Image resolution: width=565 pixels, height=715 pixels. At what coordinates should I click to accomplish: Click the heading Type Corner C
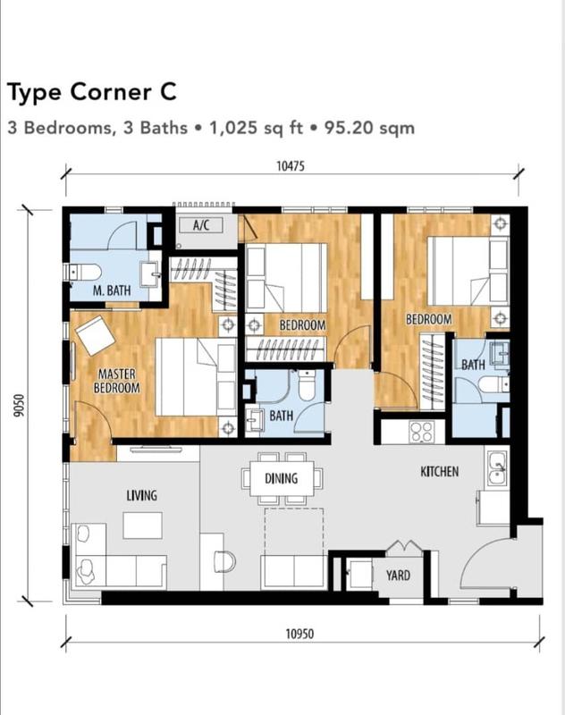pyautogui.click(x=92, y=91)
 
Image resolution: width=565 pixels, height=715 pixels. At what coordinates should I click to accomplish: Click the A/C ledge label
pyautogui.click(x=201, y=225)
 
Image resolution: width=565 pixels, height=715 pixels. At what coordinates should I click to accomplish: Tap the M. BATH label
pyautogui.click(x=112, y=290)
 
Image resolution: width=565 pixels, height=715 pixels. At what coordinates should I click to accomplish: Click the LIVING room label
pyautogui.click(x=141, y=495)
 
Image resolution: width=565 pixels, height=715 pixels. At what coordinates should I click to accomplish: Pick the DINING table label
pyautogui.click(x=281, y=479)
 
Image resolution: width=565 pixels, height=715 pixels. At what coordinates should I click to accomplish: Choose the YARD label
pyautogui.click(x=398, y=575)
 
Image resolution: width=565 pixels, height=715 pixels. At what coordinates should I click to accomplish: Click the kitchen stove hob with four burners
pyautogui.click(x=421, y=432)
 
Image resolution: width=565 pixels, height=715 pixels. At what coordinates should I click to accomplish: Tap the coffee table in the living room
pyautogui.click(x=143, y=526)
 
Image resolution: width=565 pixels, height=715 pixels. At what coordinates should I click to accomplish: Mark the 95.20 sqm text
pyautogui.click(x=375, y=128)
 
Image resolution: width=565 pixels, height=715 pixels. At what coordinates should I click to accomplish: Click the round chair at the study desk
pyautogui.click(x=224, y=561)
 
